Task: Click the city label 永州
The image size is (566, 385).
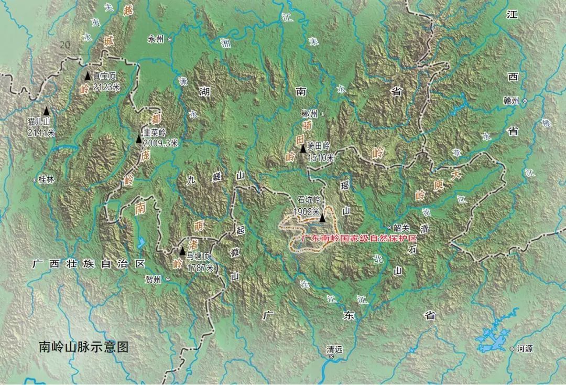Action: (156, 39)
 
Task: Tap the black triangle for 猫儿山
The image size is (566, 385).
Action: (47, 111)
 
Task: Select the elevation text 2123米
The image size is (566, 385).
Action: (106, 87)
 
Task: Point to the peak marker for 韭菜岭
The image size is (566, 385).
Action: (138, 139)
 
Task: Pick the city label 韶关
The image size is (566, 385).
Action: (401, 227)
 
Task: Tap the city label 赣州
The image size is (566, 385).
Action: (510, 101)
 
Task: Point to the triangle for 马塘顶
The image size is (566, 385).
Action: (182, 251)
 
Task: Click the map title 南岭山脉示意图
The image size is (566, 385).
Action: (84, 347)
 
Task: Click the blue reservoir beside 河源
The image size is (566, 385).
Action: (496, 339)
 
